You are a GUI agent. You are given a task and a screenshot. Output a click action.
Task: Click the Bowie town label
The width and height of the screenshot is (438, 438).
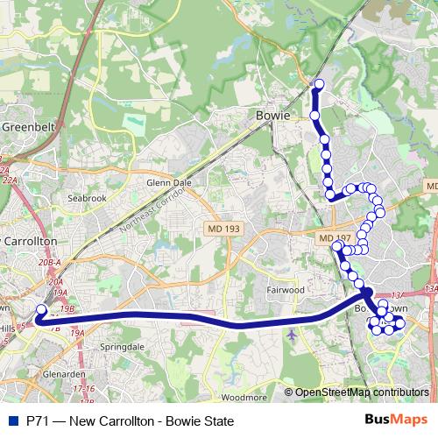(272, 115)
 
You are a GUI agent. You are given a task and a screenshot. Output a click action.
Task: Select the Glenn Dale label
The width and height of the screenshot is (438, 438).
(169, 183)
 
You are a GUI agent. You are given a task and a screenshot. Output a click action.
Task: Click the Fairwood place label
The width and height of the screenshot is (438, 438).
(285, 288)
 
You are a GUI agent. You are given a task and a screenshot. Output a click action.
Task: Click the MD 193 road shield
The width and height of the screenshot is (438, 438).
(224, 228)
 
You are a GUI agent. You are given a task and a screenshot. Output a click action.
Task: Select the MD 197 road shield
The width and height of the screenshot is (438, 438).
(335, 238)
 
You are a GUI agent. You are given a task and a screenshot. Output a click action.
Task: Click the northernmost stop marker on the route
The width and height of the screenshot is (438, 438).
(319, 85)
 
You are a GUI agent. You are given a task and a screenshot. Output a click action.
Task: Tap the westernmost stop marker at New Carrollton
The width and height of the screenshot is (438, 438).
(40, 309)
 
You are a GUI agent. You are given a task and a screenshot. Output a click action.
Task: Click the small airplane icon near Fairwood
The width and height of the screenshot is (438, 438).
(291, 334)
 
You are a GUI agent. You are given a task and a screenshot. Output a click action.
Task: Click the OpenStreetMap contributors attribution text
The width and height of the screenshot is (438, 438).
(360, 392)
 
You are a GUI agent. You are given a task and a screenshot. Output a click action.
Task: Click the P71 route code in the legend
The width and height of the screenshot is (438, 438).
(37, 421)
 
